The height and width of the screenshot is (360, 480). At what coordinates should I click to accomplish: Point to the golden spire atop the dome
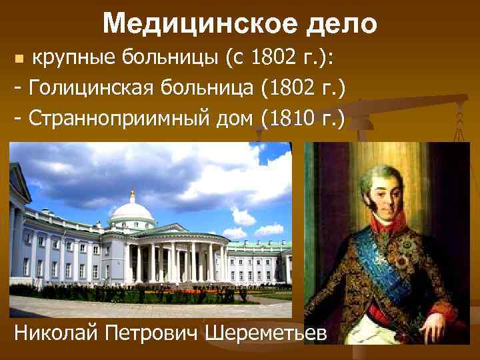click(x=132, y=195)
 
